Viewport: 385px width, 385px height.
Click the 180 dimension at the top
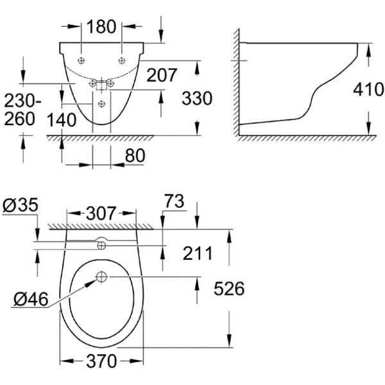click(102, 27)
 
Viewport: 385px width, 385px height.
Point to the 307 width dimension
click(102, 212)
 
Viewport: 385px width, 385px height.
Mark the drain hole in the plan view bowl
click(101, 277)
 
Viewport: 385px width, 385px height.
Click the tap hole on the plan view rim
click(101, 244)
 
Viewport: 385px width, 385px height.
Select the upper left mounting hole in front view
click(81, 60)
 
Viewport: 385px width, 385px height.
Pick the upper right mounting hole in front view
click(121, 60)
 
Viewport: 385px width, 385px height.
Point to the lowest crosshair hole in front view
click(101, 103)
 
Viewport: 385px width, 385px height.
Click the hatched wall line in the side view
click(237, 83)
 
